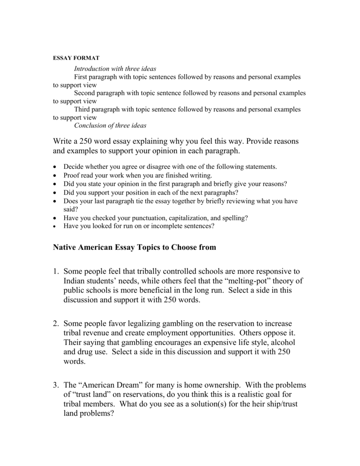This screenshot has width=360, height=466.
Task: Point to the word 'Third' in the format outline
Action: [x=83, y=110]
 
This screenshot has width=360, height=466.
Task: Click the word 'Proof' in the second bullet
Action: [x=72, y=175]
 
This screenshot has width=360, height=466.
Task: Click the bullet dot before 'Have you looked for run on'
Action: [x=55, y=226]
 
